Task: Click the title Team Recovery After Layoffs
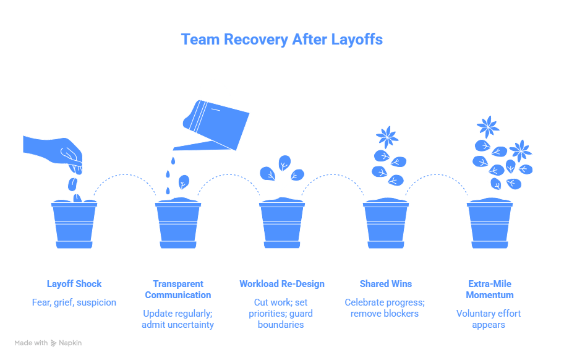coord(281,39)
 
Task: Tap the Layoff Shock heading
coord(74,284)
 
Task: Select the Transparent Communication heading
coord(178,289)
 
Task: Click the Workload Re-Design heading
coord(282,284)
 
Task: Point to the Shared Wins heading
coord(386,284)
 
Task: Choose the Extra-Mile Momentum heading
coord(489,289)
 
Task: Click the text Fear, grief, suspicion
coord(74,302)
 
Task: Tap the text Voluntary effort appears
coord(489,319)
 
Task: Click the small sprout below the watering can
coord(184,182)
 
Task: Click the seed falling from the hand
coord(72,184)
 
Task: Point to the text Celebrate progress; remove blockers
coord(386,307)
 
